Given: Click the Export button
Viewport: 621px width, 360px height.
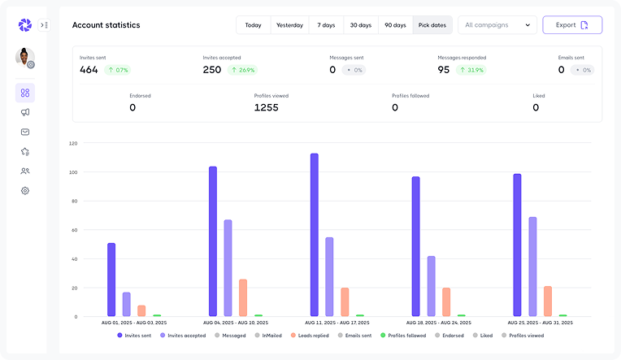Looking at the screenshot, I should tap(572, 25).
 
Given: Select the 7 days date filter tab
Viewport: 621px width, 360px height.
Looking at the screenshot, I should tap(325, 25).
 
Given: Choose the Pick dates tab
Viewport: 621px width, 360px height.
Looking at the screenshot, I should tap(432, 25).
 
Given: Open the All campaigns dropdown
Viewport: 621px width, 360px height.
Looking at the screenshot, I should tap(497, 25).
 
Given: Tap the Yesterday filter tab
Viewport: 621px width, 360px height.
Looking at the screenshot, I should tap(289, 25).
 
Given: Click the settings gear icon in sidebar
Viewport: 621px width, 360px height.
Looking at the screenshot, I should tap(25, 191).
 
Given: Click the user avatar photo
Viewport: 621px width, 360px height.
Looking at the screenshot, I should tap(24, 57).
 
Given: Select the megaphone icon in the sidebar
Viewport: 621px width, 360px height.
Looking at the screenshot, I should tap(25, 112).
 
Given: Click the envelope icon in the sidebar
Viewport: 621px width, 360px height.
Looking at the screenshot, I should tap(25, 132).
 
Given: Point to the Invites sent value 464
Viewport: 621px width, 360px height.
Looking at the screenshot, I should tap(89, 70).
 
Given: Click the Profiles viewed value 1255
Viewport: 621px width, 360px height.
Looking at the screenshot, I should tap(266, 107).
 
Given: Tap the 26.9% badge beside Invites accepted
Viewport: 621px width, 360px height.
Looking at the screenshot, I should tap(243, 70).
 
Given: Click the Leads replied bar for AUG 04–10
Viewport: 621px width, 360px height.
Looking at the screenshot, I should tap(243, 297).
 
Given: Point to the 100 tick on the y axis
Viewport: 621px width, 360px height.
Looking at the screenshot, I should tap(73, 172).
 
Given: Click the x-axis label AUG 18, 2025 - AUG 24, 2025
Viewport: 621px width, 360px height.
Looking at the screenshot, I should tap(436, 323).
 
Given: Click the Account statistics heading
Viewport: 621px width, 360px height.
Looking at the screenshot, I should tap(106, 25).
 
